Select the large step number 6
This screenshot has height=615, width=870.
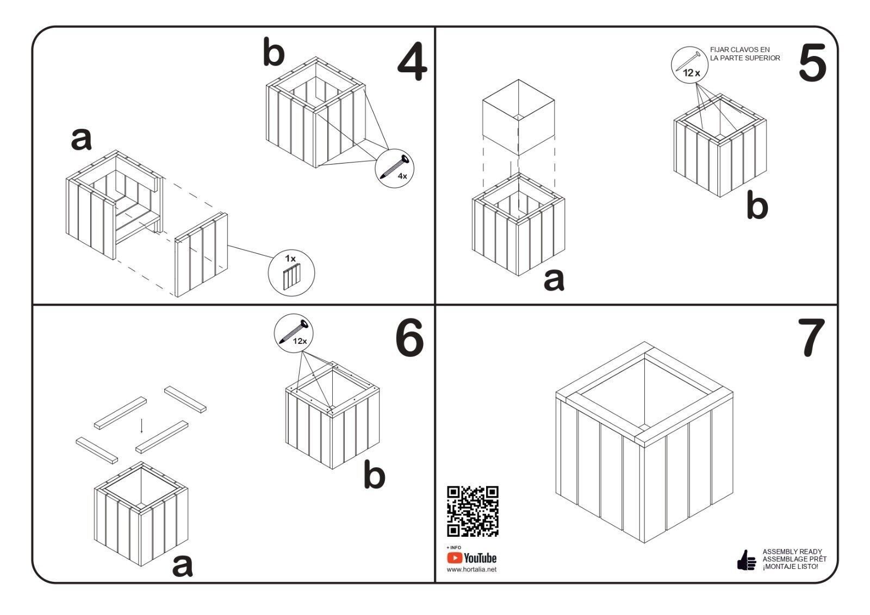point(409,338)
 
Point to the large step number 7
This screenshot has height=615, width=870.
point(811,338)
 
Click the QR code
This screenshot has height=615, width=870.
point(473,511)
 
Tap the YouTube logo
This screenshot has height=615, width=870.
point(472,558)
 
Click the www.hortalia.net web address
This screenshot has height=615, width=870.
point(471,569)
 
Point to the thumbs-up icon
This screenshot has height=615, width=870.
point(746,560)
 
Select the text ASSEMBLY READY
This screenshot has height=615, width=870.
point(792,551)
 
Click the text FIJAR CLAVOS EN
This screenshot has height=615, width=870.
point(739,49)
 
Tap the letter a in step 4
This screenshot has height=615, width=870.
point(82,140)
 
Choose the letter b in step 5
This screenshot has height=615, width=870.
point(757,207)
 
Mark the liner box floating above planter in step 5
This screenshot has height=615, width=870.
point(518,117)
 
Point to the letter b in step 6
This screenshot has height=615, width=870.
point(374,475)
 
